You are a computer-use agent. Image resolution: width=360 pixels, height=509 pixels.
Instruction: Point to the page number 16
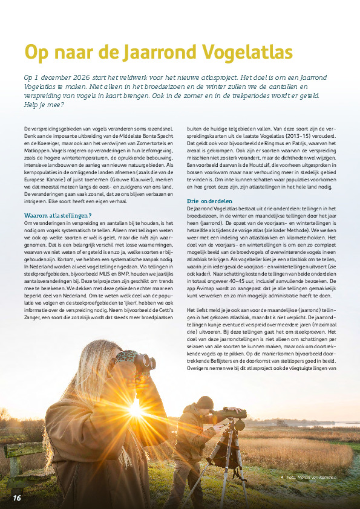point(16,497)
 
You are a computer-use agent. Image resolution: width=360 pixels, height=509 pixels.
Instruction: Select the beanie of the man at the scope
point(205,401)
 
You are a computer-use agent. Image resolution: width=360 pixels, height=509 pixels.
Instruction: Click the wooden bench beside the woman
point(24,459)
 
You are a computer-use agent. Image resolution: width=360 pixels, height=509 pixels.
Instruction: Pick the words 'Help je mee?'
point(44,105)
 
